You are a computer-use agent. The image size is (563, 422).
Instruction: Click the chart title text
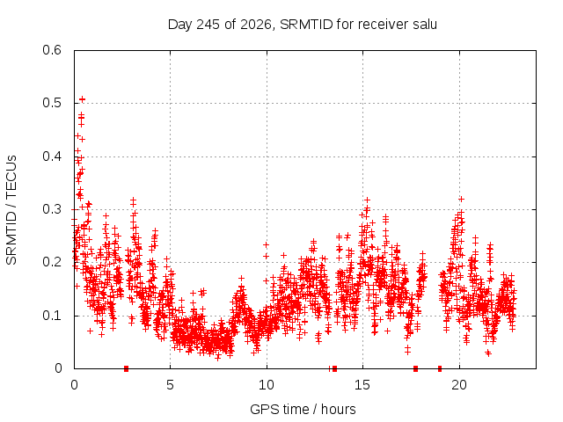pyautogui.click(x=303, y=25)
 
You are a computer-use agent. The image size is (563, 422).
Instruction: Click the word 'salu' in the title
pyautogui.click(x=425, y=24)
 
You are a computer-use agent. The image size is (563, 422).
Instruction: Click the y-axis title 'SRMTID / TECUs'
pyautogui.click(x=11, y=210)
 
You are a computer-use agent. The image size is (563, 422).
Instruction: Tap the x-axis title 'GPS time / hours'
pyautogui.click(x=303, y=409)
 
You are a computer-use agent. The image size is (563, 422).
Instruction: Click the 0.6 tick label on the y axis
pyautogui.click(x=52, y=50)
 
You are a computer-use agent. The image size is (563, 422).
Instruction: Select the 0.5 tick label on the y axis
pyautogui.click(x=52, y=103)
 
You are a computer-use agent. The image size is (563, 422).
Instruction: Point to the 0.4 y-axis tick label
pyautogui.click(x=52, y=156)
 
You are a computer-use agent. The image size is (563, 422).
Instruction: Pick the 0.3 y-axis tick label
pyautogui.click(x=52, y=209)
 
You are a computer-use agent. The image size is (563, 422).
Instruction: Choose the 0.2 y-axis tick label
pyautogui.click(x=52, y=262)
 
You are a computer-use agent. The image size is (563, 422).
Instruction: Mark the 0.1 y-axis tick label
pyautogui.click(x=52, y=316)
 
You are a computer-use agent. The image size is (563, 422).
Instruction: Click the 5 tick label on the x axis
pyautogui.click(x=170, y=385)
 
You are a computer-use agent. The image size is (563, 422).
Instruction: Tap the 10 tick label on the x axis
pyautogui.click(x=267, y=385)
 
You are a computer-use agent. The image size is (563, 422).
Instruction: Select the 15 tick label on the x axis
pyautogui.click(x=362, y=385)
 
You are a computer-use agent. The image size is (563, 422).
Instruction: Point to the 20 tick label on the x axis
pyautogui.click(x=459, y=385)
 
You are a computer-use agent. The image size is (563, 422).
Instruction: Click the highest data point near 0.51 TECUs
pyautogui.click(x=82, y=99)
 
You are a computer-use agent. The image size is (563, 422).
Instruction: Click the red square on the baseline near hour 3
pyautogui.click(x=126, y=368)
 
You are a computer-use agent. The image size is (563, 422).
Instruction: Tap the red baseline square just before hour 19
pyautogui.click(x=440, y=368)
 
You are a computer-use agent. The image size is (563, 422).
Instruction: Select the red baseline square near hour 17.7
pyautogui.click(x=416, y=368)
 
